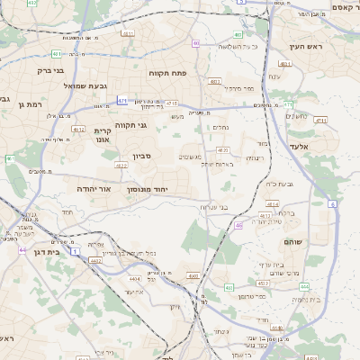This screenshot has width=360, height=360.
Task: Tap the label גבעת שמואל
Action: click(x=86, y=85)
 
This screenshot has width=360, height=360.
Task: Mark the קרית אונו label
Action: click(x=103, y=136)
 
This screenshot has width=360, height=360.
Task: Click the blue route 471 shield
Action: click(x=121, y=101)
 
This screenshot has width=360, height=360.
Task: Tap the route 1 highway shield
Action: click(x=76, y=249)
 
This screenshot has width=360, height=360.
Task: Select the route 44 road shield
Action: click(x=22, y=249)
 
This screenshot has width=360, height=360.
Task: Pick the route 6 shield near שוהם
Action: click(x=332, y=204)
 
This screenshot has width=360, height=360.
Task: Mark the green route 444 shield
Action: click(x=288, y=104)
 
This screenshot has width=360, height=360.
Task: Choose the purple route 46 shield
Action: click(x=238, y=226)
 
